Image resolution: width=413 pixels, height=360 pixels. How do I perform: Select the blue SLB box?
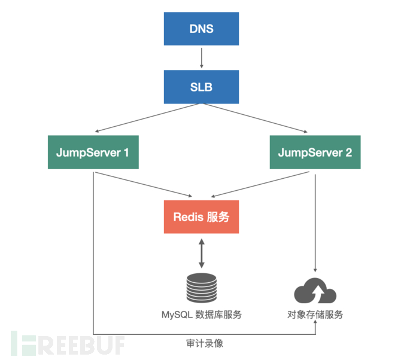[x=201, y=87]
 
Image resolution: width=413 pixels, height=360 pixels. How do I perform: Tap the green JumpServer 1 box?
[x=93, y=152]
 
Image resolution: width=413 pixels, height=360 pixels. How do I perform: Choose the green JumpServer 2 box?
[x=315, y=152]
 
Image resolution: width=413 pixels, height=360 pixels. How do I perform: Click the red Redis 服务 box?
[x=201, y=217]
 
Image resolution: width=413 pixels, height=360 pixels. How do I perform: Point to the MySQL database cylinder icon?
[x=201, y=288]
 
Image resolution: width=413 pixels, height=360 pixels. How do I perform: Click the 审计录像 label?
[x=205, y=344]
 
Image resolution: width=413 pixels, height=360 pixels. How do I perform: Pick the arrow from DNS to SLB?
[x=201, y=58]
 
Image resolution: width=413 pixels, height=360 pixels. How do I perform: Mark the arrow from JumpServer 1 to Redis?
[x=144, y=184]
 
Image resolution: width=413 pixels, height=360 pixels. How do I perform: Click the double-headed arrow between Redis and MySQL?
[x=201, y=254]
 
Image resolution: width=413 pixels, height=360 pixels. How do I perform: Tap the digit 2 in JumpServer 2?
[x=348, y=152]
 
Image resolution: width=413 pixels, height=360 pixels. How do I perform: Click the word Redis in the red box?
[x=188, y=217]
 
